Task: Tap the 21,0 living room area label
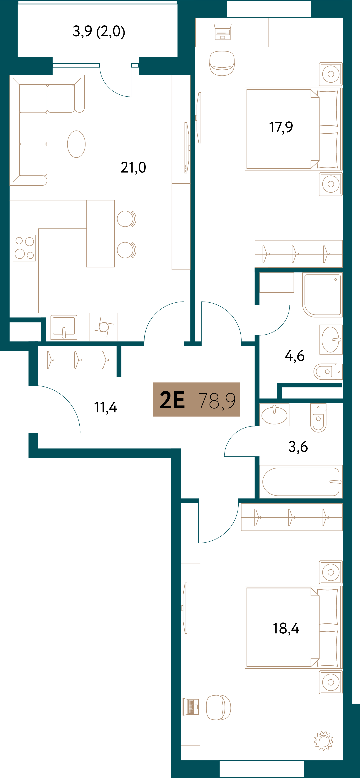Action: (x=133, y=167)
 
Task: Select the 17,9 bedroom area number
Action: (x=281, y=127)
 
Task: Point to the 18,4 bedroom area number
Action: (x=286, y=628)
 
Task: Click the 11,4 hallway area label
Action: (x=105, y=407)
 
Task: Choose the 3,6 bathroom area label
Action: (x=298, y=446)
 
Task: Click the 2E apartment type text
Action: (x=172, y=400)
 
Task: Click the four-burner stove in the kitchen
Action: (x=24, y=248)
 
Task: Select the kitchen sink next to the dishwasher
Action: (x=64, y=327)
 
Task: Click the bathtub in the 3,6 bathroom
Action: (x=301, y=482)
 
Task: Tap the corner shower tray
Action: (x=322, y=295)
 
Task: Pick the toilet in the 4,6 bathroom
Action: (x=328, y=372)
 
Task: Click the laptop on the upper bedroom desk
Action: (x=223, y=32)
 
